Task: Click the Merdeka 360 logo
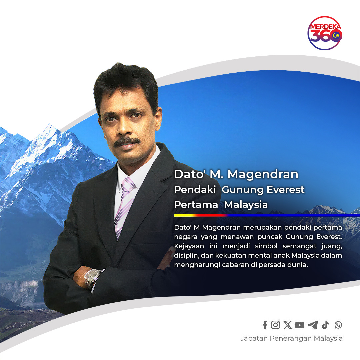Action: pyautogui.click(x=325, y=33)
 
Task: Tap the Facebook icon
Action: pyautogui.click(x=265, y=325)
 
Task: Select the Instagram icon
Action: pyautogui.click(x=276, y=325)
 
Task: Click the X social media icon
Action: pyautogui.click(x=287, y=325)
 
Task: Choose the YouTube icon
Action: pyautogui.click(x=300, y=325)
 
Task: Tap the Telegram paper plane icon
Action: pyautogui.click(x=313, y=325)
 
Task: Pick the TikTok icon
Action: pyautogui.click(x=325, y=325)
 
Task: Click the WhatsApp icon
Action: pyautogui.click(x=338, y=325)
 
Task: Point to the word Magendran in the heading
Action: pyautogui.click(x=263, y=174)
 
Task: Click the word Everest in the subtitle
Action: pyautogui.click(x=286, y=190)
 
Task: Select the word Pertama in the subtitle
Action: pyautogui.click(x=196, y=205)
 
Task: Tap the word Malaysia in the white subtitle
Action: pyautogui.click(x=246, y=205)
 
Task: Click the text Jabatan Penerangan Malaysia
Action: pyautogui.click(x=291, y=338)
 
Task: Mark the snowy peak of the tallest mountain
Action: pyautogui.click(x=49, y=127)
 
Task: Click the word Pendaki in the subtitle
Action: pyautogui.click(x=195, y=190)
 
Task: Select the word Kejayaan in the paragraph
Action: pyautogui.click(x=189, y=246)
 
